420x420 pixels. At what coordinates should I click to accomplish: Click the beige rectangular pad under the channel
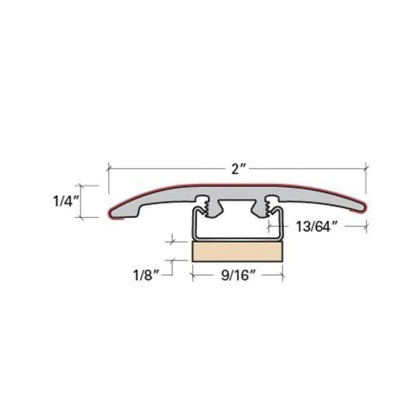click(x=237, y=252)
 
